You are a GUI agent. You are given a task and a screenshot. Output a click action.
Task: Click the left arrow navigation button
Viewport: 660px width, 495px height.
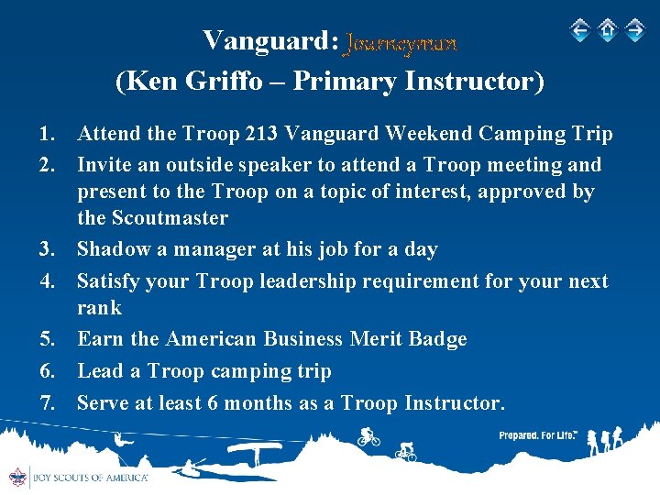[579, 30]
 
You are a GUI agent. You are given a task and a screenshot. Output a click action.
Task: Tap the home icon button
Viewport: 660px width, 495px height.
[607, 30]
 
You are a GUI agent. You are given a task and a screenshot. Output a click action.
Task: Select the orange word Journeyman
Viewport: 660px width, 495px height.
[401, 42]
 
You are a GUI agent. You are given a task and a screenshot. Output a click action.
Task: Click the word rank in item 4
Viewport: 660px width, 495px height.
[99, 307]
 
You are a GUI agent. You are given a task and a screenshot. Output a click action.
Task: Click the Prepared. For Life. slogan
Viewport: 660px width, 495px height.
[537, 436]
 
